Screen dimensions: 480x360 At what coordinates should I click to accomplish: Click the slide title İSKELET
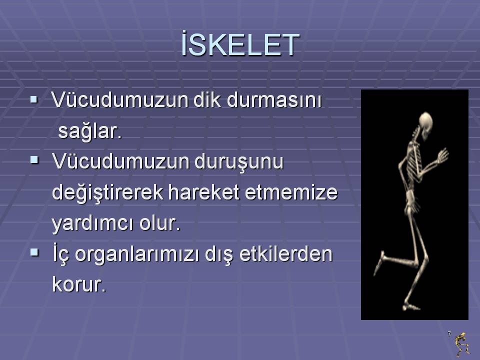pos(240,43)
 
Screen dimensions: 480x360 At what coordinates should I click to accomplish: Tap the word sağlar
pos(90,131)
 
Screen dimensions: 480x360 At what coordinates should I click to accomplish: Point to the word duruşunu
pos(239,162)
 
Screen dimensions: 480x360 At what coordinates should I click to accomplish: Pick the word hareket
pos(203,192)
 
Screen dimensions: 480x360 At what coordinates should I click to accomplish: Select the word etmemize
pos(291,192)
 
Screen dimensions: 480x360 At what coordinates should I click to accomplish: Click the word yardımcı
pos(92,223)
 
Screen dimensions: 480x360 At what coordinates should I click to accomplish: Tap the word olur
pos(160,223)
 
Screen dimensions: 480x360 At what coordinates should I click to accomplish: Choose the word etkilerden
pos(285,254)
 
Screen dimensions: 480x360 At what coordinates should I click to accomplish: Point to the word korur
pos(79,284)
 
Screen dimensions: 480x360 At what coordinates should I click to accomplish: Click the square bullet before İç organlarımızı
pos(34,252)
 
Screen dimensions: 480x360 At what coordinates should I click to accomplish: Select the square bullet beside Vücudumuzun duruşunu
pos(34,160)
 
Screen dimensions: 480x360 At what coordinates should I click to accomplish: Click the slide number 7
pos(449,334)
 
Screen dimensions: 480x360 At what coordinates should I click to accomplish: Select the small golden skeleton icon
pos(462,344)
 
